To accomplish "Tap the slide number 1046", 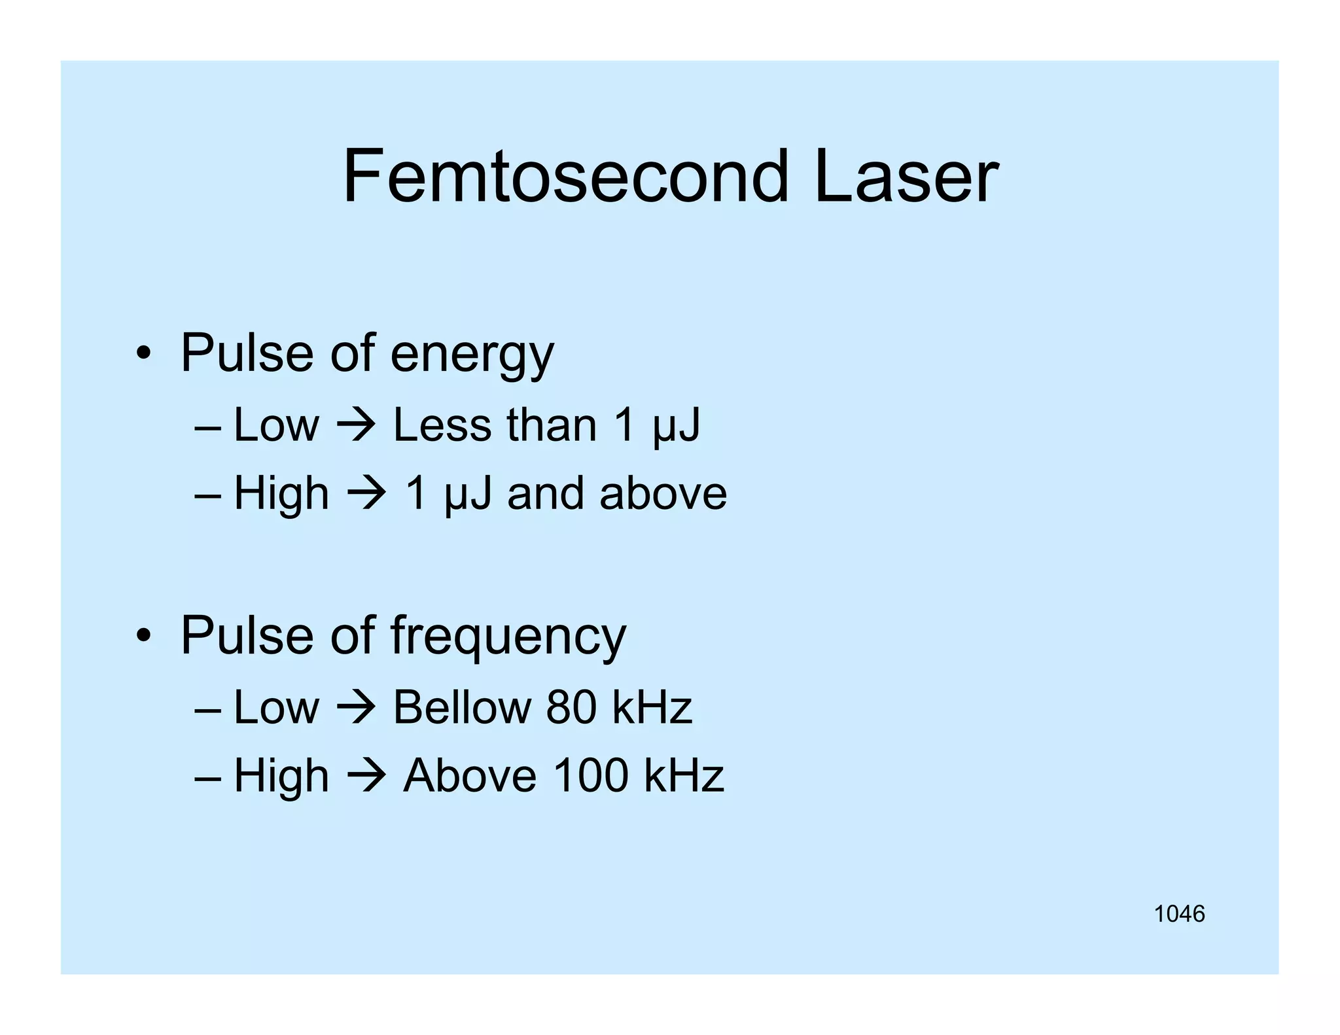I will [x=1179, y=914].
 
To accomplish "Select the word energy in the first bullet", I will [x=472, y=354].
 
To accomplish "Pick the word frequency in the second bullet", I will [x=508, y=637].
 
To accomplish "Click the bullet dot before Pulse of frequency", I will [x=144, y=637].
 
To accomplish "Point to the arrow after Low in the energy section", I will [x=356, y=425].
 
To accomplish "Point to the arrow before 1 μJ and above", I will [x=366, y=493].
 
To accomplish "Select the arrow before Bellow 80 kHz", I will [x=356, y=708].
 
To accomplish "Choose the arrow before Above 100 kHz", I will [x=366, y=776].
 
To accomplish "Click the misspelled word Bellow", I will [x=462, y=708].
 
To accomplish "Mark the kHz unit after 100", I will [x=684, y=776].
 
